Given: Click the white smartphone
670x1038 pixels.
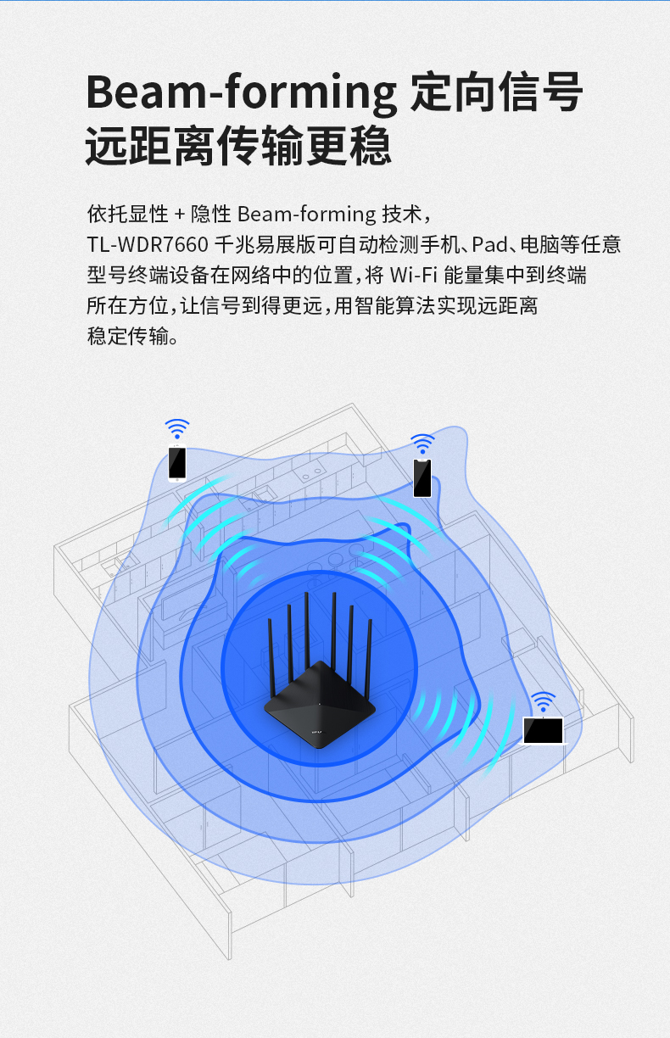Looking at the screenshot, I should (176, 462).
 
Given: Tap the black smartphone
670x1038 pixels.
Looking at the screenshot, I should (422, 477).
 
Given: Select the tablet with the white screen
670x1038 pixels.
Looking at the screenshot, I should (544, 730).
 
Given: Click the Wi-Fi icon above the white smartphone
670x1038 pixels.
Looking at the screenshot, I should (176, 428).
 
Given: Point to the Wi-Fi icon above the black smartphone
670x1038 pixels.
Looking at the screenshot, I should (422, 444).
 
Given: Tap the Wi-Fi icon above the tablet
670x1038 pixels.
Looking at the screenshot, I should (543, 702).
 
